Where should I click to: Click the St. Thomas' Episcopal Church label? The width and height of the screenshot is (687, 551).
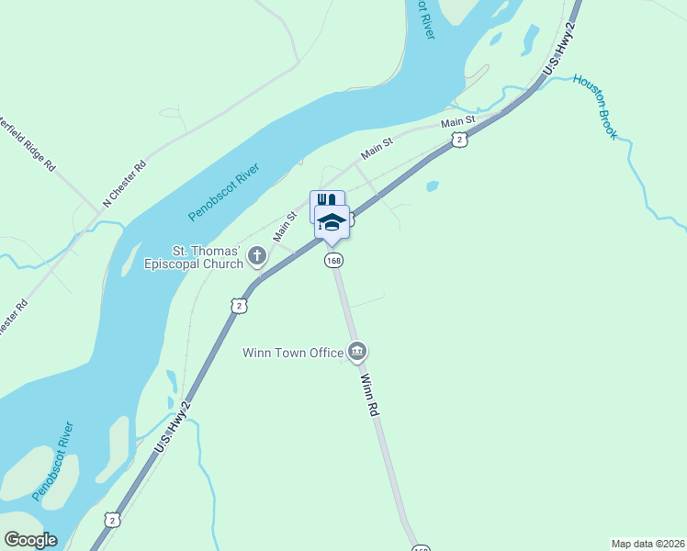208,256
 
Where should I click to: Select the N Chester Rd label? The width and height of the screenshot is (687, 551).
125,185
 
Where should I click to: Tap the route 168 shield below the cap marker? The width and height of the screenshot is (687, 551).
333,261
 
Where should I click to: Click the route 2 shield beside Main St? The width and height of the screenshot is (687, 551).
458,140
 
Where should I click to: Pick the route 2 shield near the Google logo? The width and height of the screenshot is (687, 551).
112,520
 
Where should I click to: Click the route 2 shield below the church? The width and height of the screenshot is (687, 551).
239,305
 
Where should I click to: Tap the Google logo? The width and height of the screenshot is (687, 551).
30,540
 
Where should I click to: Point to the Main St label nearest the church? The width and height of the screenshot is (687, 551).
284,228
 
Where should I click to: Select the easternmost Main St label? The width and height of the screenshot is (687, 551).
457,120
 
